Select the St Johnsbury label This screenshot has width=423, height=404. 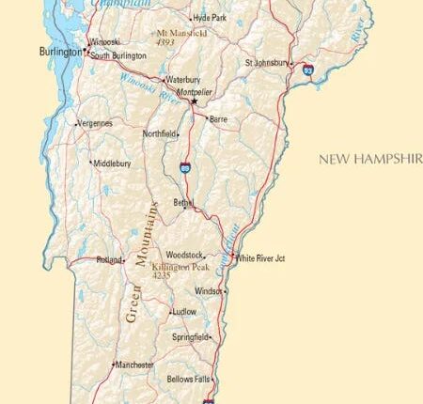(262, 63)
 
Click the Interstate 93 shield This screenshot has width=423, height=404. (307, 70)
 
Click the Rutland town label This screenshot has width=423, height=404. (109, 260)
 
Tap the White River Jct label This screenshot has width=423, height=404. (260, 258)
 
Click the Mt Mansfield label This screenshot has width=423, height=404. (181, 33)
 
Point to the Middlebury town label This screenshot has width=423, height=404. (112, 163)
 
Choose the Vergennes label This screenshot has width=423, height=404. (94, 123)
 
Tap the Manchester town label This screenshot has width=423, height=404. (136, 364)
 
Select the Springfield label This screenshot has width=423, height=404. (191, 336)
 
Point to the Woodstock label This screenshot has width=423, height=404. (183, 255)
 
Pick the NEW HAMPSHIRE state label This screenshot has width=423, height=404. (369, 159)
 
